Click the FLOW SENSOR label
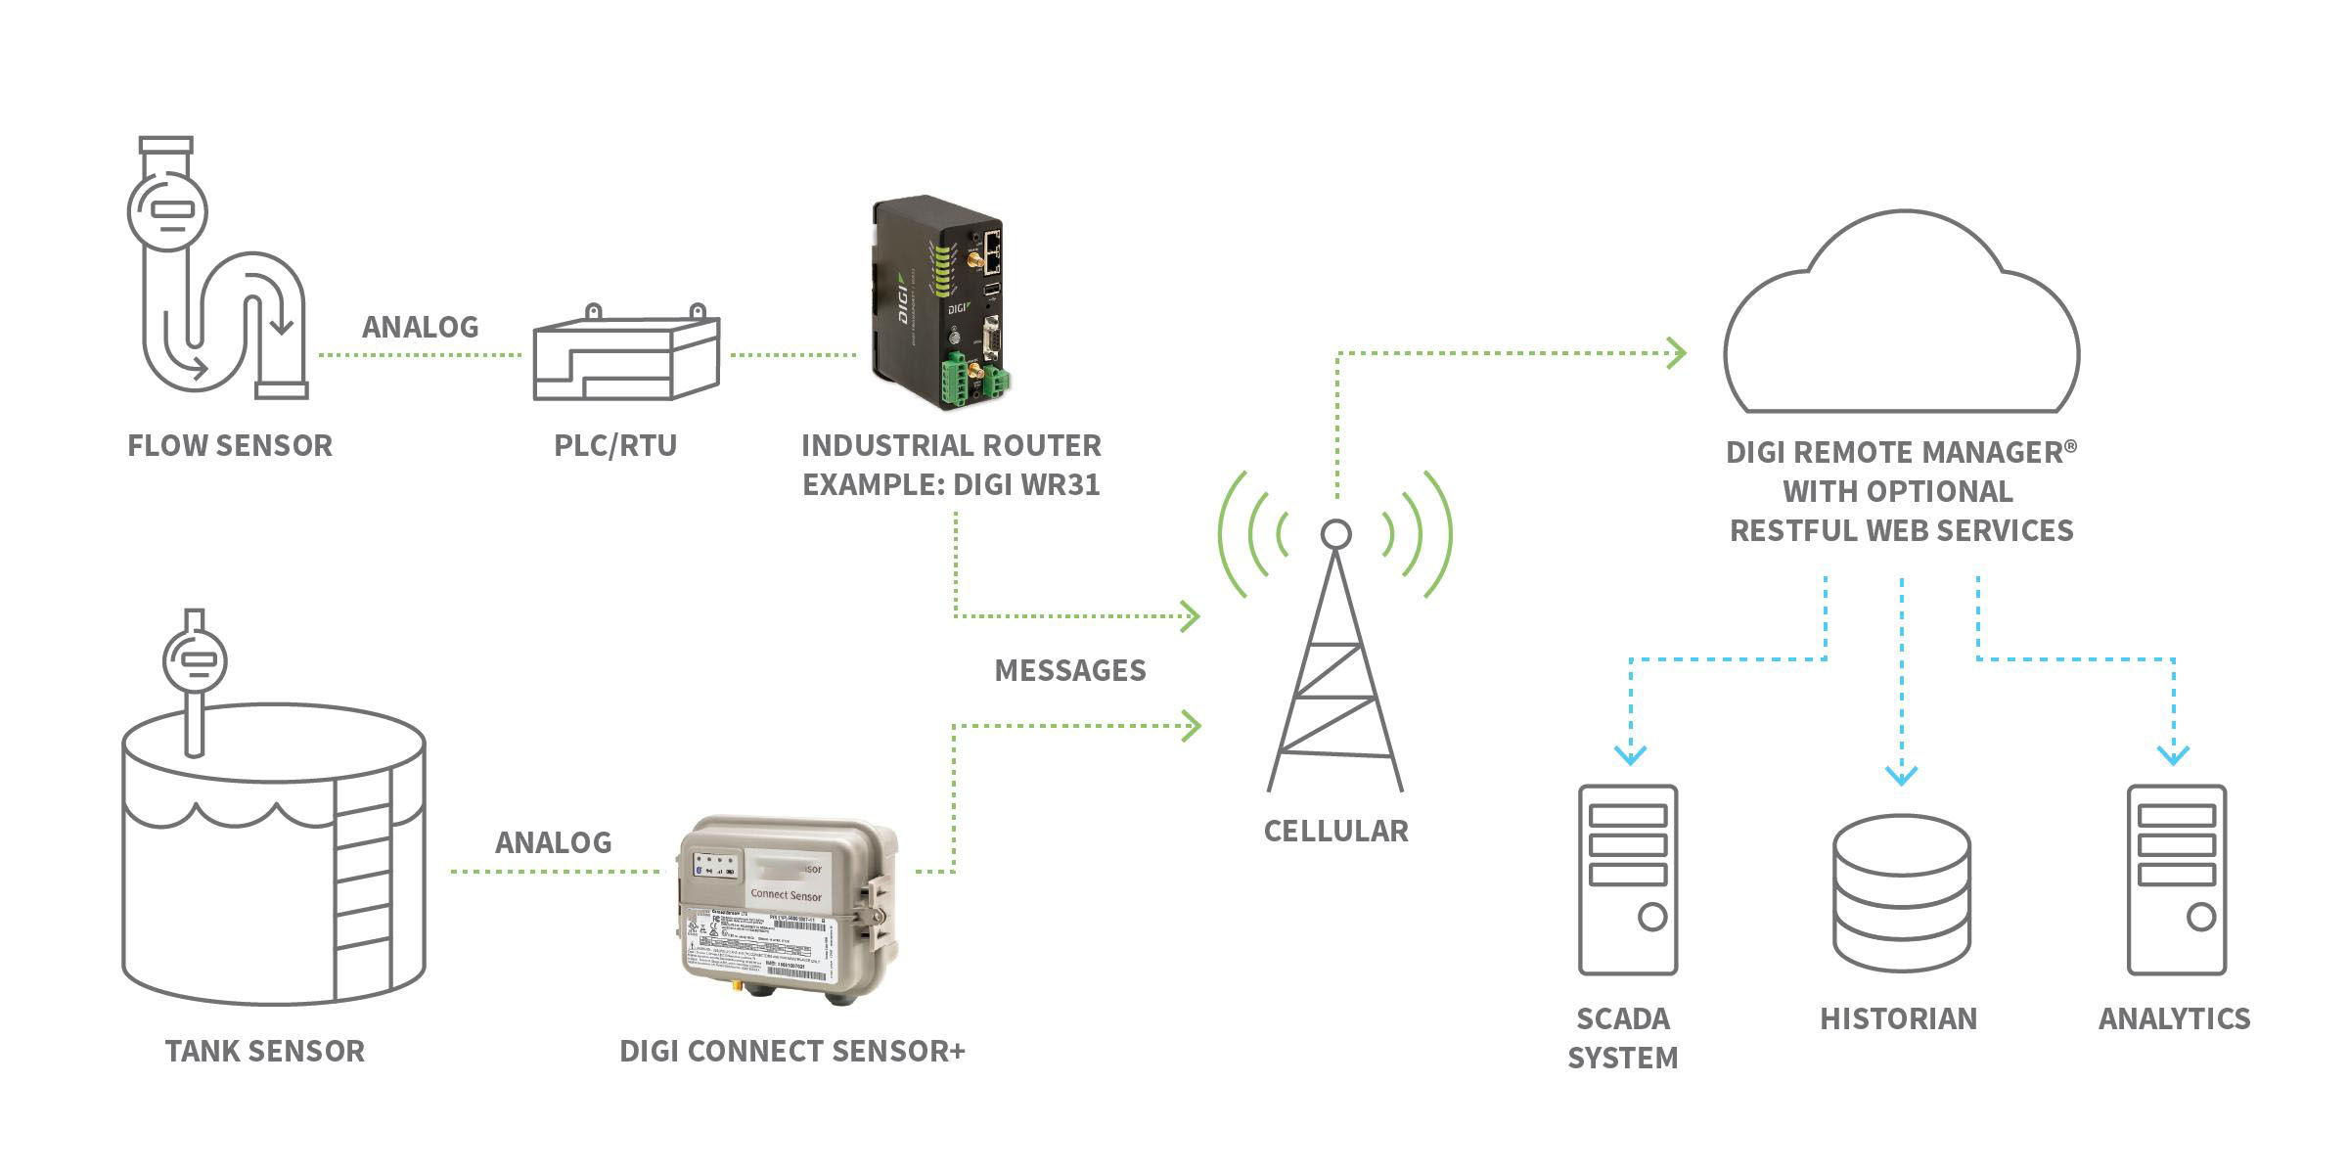[230, 446]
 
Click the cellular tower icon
[1335, 665]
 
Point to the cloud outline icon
[1901, 323]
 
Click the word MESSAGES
[1070, 670]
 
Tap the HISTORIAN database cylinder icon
[1901, 892]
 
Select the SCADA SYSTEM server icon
[1628, 880]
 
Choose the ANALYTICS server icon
[2176, 880]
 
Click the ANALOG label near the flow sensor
[421, 327]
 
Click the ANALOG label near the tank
[554, 842]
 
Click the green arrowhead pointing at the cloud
[1677, 352]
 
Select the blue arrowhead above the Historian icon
[1901, 775]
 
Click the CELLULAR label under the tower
[1335, 831]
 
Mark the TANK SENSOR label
[264, 1051]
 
